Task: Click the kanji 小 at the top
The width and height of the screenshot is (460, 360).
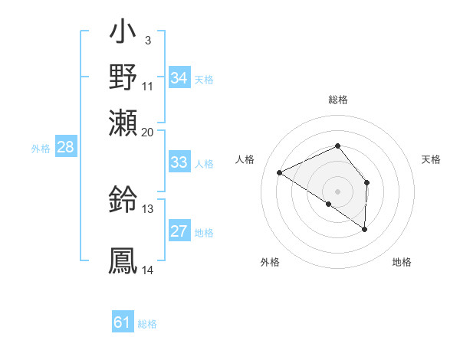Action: [x=123, y=35]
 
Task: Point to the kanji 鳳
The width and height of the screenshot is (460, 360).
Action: [x=123, y=259]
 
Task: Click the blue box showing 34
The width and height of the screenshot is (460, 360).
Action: [x=179, y=77]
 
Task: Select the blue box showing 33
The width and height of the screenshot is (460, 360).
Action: [x=179, y=162]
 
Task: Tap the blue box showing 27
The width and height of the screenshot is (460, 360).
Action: [x=179, y=231]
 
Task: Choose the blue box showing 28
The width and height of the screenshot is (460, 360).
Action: [x=65, y=148]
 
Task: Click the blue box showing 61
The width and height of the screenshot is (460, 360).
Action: [x=123, y=322]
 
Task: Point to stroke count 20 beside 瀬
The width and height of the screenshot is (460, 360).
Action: [x=147, y=132]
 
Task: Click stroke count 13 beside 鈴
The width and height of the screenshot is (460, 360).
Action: [x=147, y=208]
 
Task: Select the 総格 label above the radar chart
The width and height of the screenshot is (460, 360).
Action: [x=337, y=100]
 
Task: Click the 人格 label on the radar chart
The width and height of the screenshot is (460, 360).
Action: [x=245, y=159]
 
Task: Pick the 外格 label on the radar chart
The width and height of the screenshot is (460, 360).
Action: [x=270, y=262]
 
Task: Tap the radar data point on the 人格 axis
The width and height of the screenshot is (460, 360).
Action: [x=280, y=172]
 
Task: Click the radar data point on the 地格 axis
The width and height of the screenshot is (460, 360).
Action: [x=365, y=229]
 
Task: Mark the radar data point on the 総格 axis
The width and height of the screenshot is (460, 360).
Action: [x=337, y=146]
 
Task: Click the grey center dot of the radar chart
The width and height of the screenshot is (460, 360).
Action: [x=337, y=191]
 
